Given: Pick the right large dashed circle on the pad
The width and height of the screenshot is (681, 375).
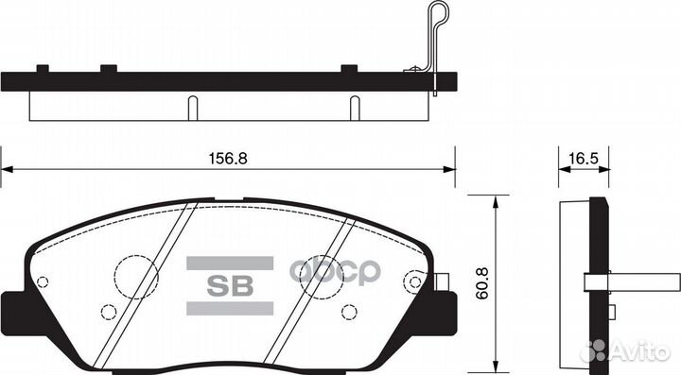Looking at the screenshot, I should click(x=322, y=277).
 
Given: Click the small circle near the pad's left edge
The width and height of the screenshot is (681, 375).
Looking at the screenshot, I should click(x=43, y=281).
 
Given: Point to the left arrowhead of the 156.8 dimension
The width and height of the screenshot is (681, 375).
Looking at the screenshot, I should click(x=6, y=169).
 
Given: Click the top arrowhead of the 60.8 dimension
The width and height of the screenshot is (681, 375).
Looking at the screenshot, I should click(x=495, y=201).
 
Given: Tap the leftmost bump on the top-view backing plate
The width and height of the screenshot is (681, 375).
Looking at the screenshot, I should click(x=42, y=68).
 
